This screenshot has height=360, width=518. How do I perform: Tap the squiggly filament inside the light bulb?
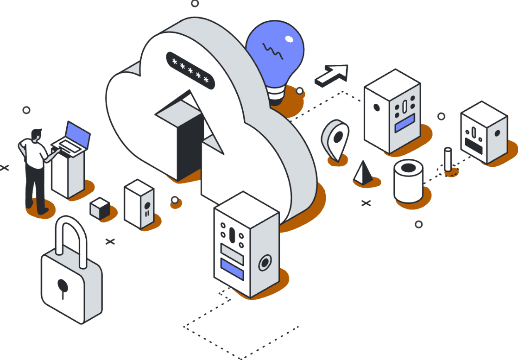(x=273, y=51)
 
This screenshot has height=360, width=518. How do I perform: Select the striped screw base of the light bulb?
(x=277, y=95)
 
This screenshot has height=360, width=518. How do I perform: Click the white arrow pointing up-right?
(x=332, y=75)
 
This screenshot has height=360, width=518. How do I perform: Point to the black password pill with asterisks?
(x=191, y=69)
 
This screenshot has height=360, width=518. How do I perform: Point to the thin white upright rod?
(x=448, y=159)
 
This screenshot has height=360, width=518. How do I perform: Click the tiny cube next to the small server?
(x=100, y=208)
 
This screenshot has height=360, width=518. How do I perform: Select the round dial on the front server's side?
(x=264, y=263)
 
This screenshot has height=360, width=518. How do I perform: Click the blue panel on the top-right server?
(x=404, y=123)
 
